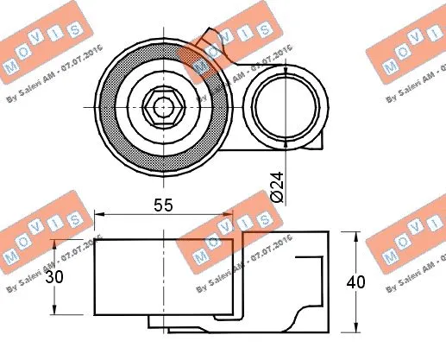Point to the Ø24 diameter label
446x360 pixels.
click(x=276, y=185)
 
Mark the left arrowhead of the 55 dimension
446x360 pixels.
click(x=97, y=215)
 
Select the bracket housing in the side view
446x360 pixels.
click(x=285, y=276)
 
